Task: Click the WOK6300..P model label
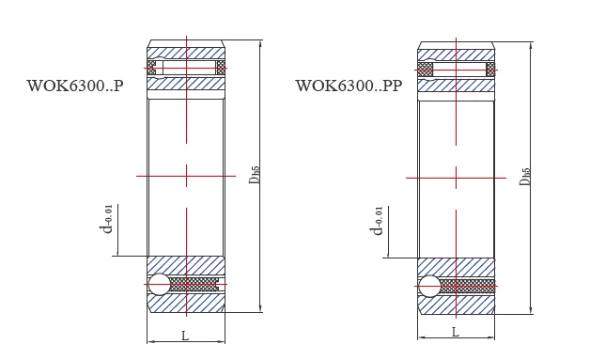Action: click(75, 86)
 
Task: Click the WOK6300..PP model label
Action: click(349, 86)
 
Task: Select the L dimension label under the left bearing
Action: click(185, 336)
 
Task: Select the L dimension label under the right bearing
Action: click(456, 332)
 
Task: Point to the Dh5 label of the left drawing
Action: click(255, 174)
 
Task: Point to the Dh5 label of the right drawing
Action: click(524, 176)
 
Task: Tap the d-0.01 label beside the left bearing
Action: click(106, 219)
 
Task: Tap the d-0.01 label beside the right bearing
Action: click(377, 221)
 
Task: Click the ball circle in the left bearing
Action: click(159, 284)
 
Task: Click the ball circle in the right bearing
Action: click(429, 286)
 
